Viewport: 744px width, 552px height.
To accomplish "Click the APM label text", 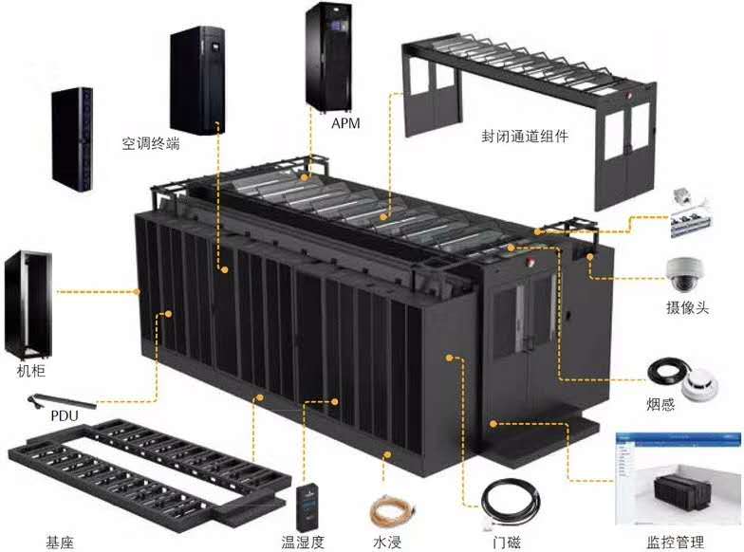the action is tap(345, 123).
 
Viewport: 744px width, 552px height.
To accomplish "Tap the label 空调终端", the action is tap(151, 142).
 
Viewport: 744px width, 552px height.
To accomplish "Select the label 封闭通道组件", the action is tap(525, 137).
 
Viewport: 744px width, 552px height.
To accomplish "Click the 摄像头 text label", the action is tap(687, 307).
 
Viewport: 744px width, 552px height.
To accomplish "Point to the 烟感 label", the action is tap(660, 404).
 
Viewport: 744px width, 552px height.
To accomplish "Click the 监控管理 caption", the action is tap(676, 542).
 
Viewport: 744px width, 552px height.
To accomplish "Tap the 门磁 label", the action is tap(507, 542).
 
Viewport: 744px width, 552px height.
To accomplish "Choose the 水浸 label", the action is tap(387, 542).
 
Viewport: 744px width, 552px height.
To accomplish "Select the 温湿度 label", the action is tap(303, 542).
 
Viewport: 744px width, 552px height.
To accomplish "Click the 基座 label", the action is tap(61, 542).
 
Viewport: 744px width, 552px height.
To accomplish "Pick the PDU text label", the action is tap(65, 415).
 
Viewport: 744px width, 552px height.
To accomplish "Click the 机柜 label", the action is tap(31, 370).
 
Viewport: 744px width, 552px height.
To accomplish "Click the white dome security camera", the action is tap(685, 274).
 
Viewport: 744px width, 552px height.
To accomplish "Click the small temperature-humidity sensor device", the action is tap(307, 506).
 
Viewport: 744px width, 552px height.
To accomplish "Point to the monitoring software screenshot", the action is tap(678, 479).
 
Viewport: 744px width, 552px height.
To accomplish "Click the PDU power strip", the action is tap(63, 401).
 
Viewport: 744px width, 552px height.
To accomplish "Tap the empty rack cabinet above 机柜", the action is tap(28, 304).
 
